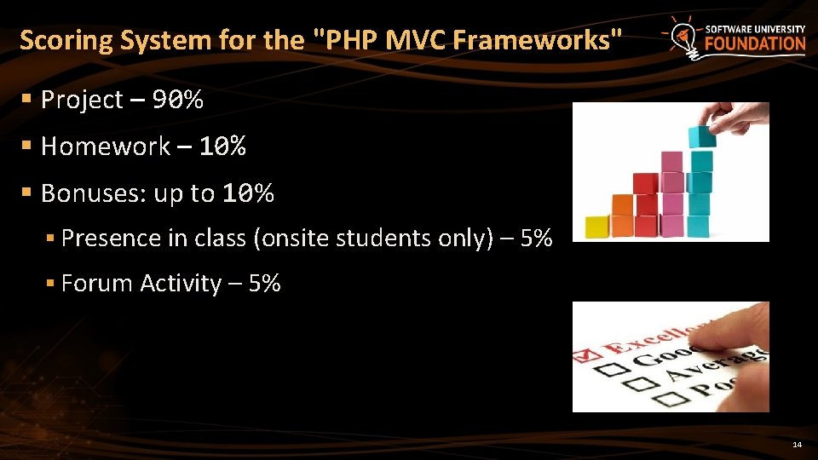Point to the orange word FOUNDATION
pyautogui.click(x=755, y=44)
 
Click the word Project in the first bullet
pyautogui.click(x=82, y=101)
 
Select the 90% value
pyautogui.click(x=178, y=101)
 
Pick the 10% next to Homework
pyautogui.click(x=222, y=147)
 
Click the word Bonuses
pyautogui.click(x=93, y=194)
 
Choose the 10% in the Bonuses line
pyautogui.click(x=248, y=194)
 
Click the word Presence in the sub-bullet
pyautogui.click(x=112, y=239)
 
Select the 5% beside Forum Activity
pyautogui.click(x=264, y=284)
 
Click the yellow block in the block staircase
pyautogui.click(x=596, y=227)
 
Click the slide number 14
pyautogui.click(x=798, y=445)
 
